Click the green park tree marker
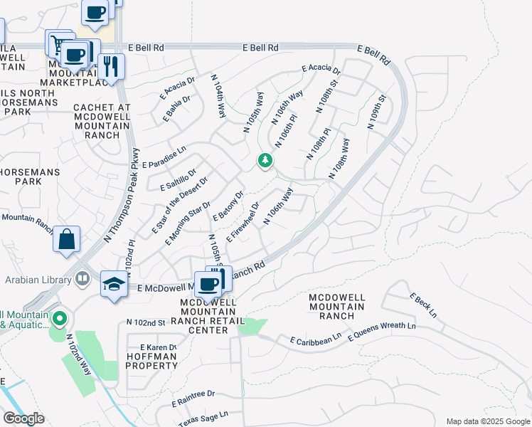(x=265, y=160)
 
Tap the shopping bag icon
(x=66, y=240)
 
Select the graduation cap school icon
(x=114, y=285)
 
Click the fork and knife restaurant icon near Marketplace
(x=110, y=66)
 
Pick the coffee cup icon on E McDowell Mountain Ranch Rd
(x=208, y=283)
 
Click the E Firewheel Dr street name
(x=242, y=222)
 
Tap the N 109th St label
(x=376, y=111)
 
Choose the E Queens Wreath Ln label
(x=382, y=330)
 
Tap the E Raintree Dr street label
(x=193, y=398)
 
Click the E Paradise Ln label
(x=164, y=157)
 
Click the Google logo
(x=23, y=418)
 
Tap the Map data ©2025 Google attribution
(x=487, y=421)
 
